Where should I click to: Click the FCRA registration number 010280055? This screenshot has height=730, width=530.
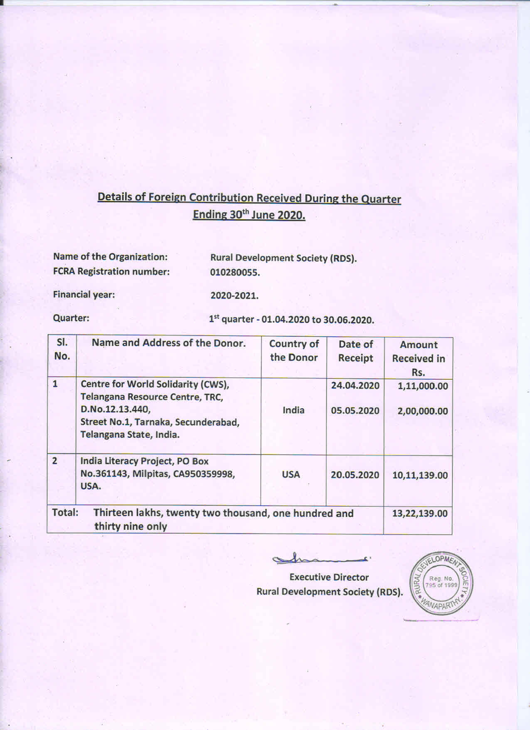click(x=235, y=273)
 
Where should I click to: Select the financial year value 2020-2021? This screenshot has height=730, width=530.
click(x=234, y=296)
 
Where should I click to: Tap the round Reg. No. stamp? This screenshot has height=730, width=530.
click(x=441, y=583)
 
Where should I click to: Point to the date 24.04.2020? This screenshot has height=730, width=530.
click(x=355, y=385)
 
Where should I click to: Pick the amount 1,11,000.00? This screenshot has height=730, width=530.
click(x=422, y=386)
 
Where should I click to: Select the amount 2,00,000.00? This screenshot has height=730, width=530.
click(x=422, y=411)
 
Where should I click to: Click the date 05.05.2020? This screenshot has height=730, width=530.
click(x=355, y=411)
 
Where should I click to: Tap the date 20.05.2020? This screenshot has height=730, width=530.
click(x=355, y=475)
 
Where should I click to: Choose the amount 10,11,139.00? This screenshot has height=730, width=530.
click(x=420, y=475)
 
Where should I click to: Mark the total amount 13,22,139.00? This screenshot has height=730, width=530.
click(x=420, y=513)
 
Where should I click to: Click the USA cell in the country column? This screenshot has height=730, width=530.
click(x=291, y=475)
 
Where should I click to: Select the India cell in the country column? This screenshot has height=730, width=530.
click(x=293, y=410)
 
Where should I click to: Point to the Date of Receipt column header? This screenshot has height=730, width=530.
click(x=356, y=351)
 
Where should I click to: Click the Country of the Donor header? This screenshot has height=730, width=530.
click(x=294, y=350)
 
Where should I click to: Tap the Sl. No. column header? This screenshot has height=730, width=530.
click(x=62, y=349)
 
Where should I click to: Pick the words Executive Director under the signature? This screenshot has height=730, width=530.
click(x=329, y=577)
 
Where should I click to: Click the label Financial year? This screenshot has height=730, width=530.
click(x=84, y=295)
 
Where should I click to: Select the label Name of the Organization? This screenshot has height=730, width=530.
click(x=110, y=257)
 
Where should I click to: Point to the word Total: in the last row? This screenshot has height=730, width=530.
click(x=65, y=512)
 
